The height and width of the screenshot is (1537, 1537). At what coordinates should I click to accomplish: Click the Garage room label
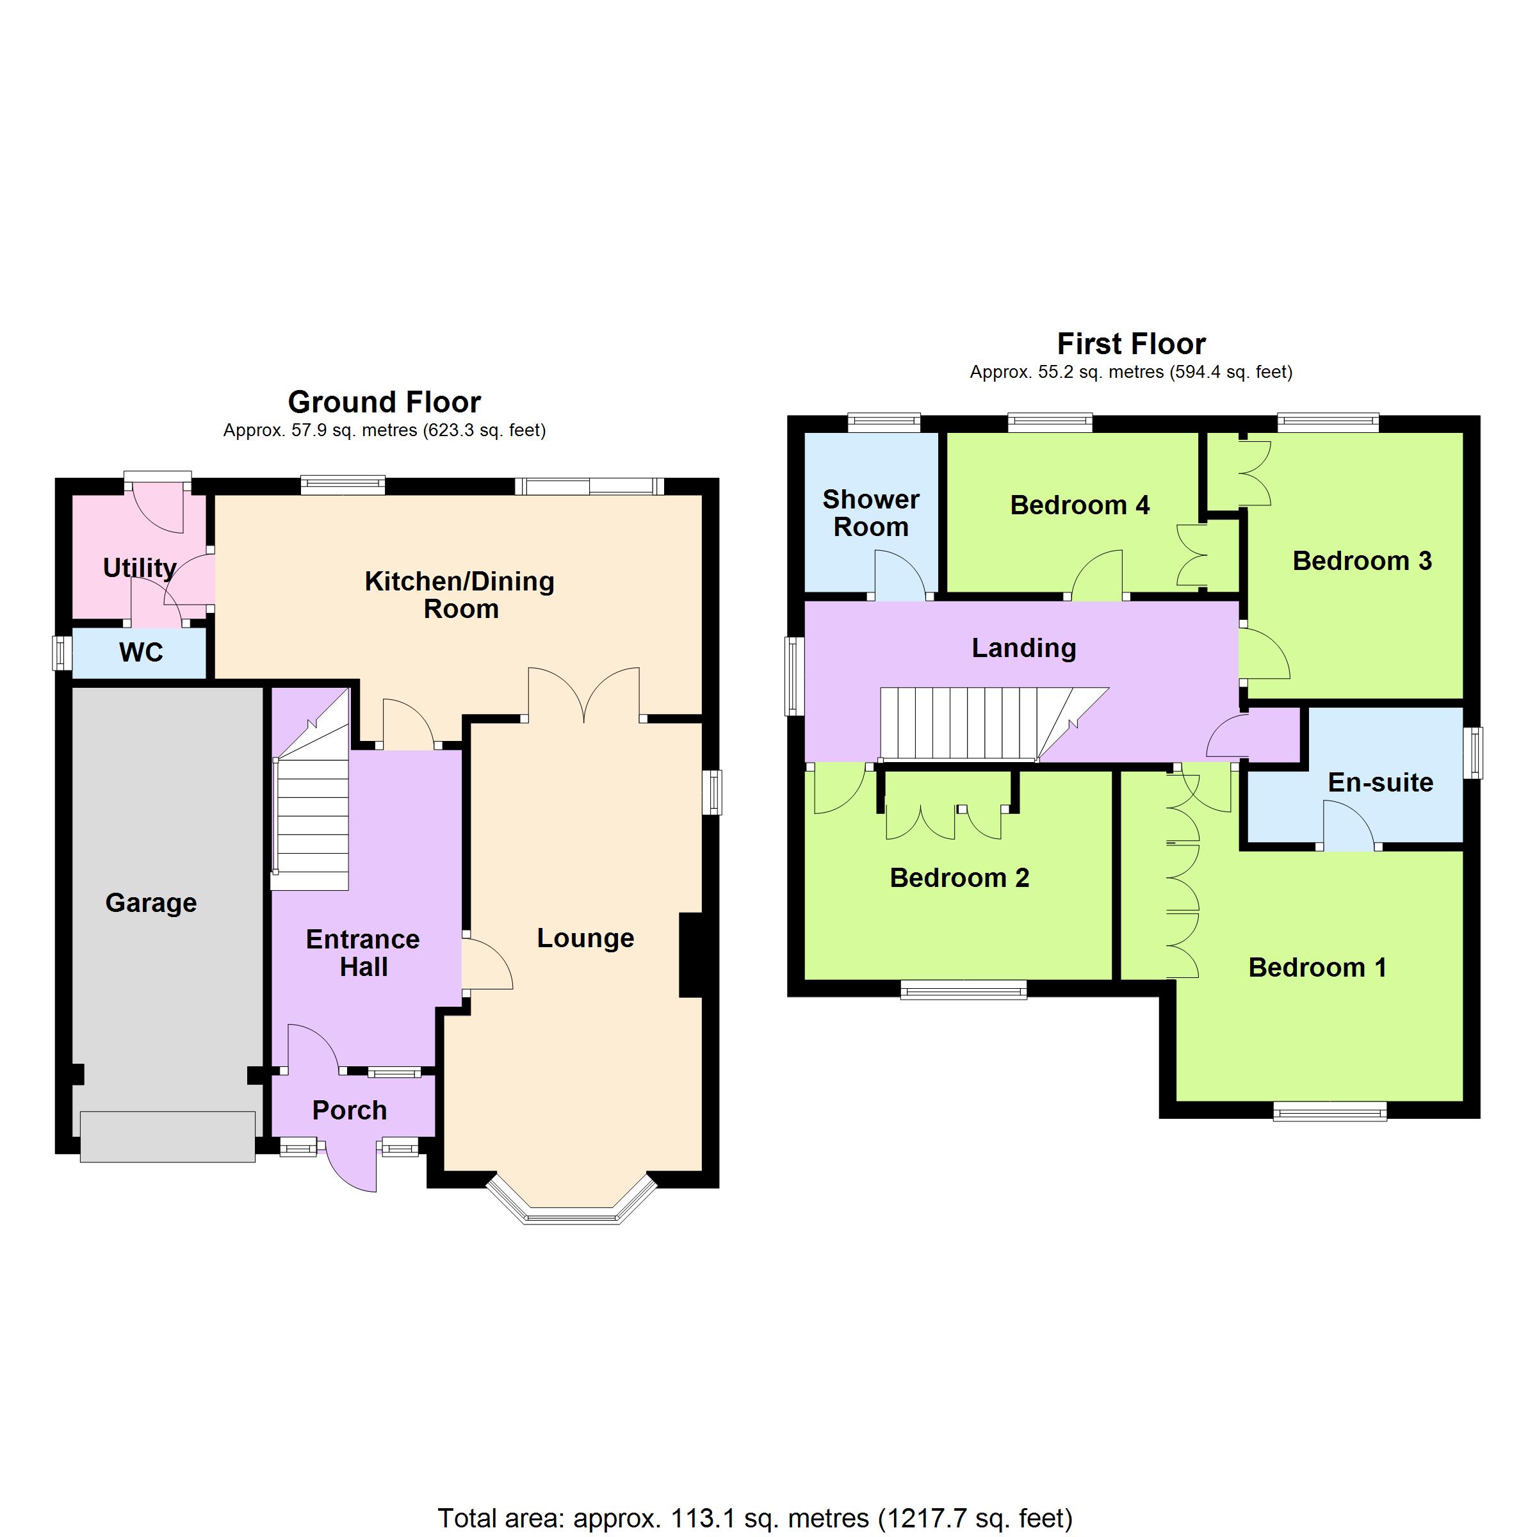coord(151,904)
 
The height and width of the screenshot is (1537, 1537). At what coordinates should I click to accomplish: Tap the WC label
coord(141,653)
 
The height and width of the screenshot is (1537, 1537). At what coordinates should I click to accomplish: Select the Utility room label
coord(139,568)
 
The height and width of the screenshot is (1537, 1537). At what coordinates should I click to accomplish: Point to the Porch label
coord(349,1110)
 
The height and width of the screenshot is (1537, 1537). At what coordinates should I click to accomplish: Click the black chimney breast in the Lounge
coord(690,955)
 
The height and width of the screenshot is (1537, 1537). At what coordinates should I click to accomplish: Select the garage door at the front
coord(168,1137)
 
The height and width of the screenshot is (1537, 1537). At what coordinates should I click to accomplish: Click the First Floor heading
coord(1131,344)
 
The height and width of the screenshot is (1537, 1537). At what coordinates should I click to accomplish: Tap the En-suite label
coord(1380,783)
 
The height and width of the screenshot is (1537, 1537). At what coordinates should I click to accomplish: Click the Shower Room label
coord(871,513)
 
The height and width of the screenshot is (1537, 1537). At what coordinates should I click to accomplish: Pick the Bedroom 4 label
coord(1080,505)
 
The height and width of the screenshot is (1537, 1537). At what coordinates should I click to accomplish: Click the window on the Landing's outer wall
coord(795,676)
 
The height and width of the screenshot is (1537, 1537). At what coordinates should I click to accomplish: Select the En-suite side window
coord(1472,752)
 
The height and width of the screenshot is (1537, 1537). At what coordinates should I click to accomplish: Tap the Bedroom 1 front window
coord(1330,1110)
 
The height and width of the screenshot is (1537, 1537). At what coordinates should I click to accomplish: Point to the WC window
coord(63,653)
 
